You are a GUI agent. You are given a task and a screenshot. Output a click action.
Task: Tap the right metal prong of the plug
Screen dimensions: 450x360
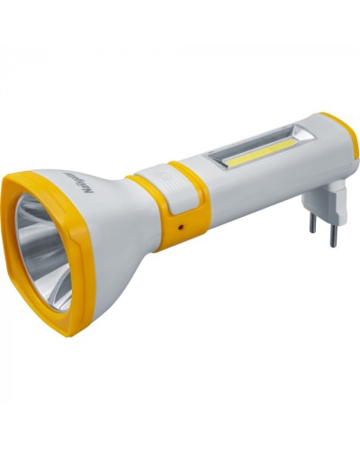(333, 234)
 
